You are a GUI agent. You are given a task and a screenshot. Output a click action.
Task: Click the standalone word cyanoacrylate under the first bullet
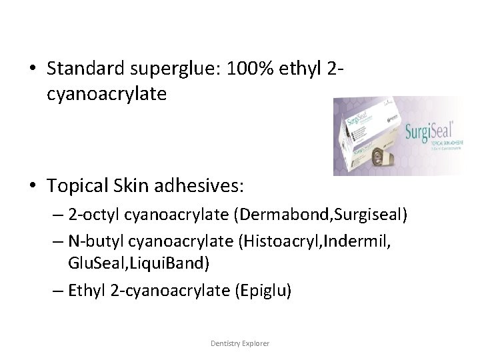(107, 94)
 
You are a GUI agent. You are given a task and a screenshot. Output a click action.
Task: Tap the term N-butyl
(93, 242)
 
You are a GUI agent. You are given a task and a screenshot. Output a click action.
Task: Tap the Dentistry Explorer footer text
(240, 343)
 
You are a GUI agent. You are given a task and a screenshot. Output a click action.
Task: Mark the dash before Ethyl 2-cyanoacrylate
(56, 291)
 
